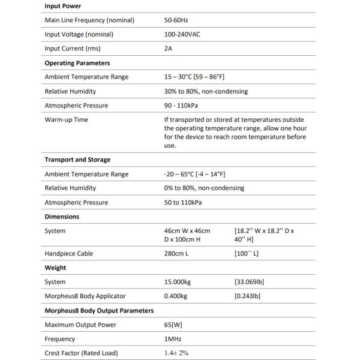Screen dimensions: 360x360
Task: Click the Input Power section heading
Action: coord(63,5)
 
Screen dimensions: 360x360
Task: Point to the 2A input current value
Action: coord(168,49)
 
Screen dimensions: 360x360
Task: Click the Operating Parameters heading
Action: coord(77,62)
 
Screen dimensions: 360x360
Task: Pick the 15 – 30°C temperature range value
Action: coord(194,77)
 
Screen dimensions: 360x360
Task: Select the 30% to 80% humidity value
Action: coord(206,91)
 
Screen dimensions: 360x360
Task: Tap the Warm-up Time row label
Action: coord(66,119)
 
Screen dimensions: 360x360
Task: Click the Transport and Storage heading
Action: coord(77,160)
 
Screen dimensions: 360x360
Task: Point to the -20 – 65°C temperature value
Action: coord(194,174)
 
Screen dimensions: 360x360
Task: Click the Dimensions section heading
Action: coord(62,217)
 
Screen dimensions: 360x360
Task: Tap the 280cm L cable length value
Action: coord(176,253)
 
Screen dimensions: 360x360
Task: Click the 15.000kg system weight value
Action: coord(178,281)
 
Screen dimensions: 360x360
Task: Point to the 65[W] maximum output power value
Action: coord(174,325)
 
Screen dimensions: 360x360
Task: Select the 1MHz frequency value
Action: coord(173,338)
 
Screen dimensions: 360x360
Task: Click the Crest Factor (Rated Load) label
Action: coord(81,353)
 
